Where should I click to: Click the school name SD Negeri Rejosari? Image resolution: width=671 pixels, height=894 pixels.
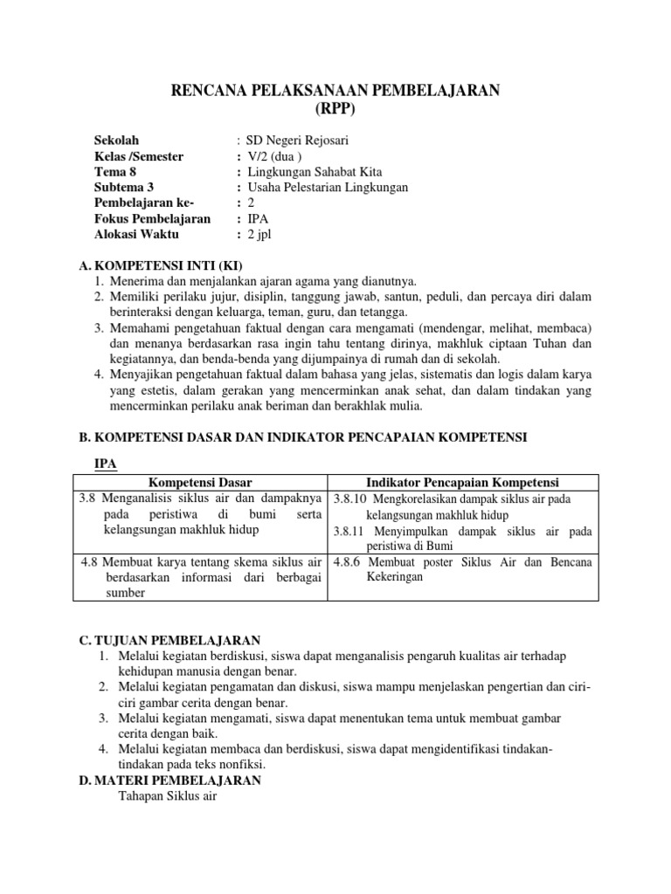298,140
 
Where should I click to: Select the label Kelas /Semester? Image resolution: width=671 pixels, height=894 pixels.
139,156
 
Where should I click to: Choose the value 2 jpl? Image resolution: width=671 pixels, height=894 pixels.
262,235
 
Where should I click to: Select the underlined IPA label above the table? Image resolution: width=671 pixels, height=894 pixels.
106,464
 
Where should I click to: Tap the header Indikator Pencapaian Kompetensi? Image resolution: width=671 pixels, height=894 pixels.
463,483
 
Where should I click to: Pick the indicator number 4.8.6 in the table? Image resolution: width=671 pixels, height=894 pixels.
350,562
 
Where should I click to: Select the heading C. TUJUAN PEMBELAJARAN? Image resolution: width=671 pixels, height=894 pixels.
169,640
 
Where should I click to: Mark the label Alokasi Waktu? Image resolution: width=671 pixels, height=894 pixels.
135,235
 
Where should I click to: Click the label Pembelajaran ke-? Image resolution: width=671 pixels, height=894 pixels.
144,203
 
